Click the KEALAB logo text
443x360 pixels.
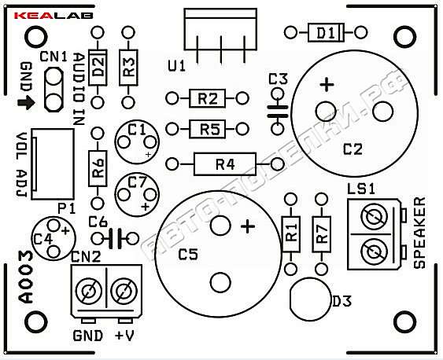[54, 16]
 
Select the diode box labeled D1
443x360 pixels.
[326, 33]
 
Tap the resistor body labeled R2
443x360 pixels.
[208, 98]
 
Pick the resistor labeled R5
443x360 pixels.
[208, 129]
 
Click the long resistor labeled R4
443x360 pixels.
[225, 164]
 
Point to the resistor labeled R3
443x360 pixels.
[128, 68]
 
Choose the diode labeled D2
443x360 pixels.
[98, 68]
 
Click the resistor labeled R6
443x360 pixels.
[98, 168]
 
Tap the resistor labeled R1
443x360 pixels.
[290, 234]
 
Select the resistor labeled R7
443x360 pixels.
[322, 234]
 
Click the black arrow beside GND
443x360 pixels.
[26, 103]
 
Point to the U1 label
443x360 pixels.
[176, 67]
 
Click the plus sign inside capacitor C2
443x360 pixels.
[327, 85]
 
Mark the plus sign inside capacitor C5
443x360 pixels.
[248, 226]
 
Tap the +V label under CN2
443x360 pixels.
[124, 336]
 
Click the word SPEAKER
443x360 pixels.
[419, 233]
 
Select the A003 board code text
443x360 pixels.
[26, 277]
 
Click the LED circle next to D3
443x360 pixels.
[310, 299]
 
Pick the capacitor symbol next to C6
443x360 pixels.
[115, 239]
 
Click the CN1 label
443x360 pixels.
[54, 57]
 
